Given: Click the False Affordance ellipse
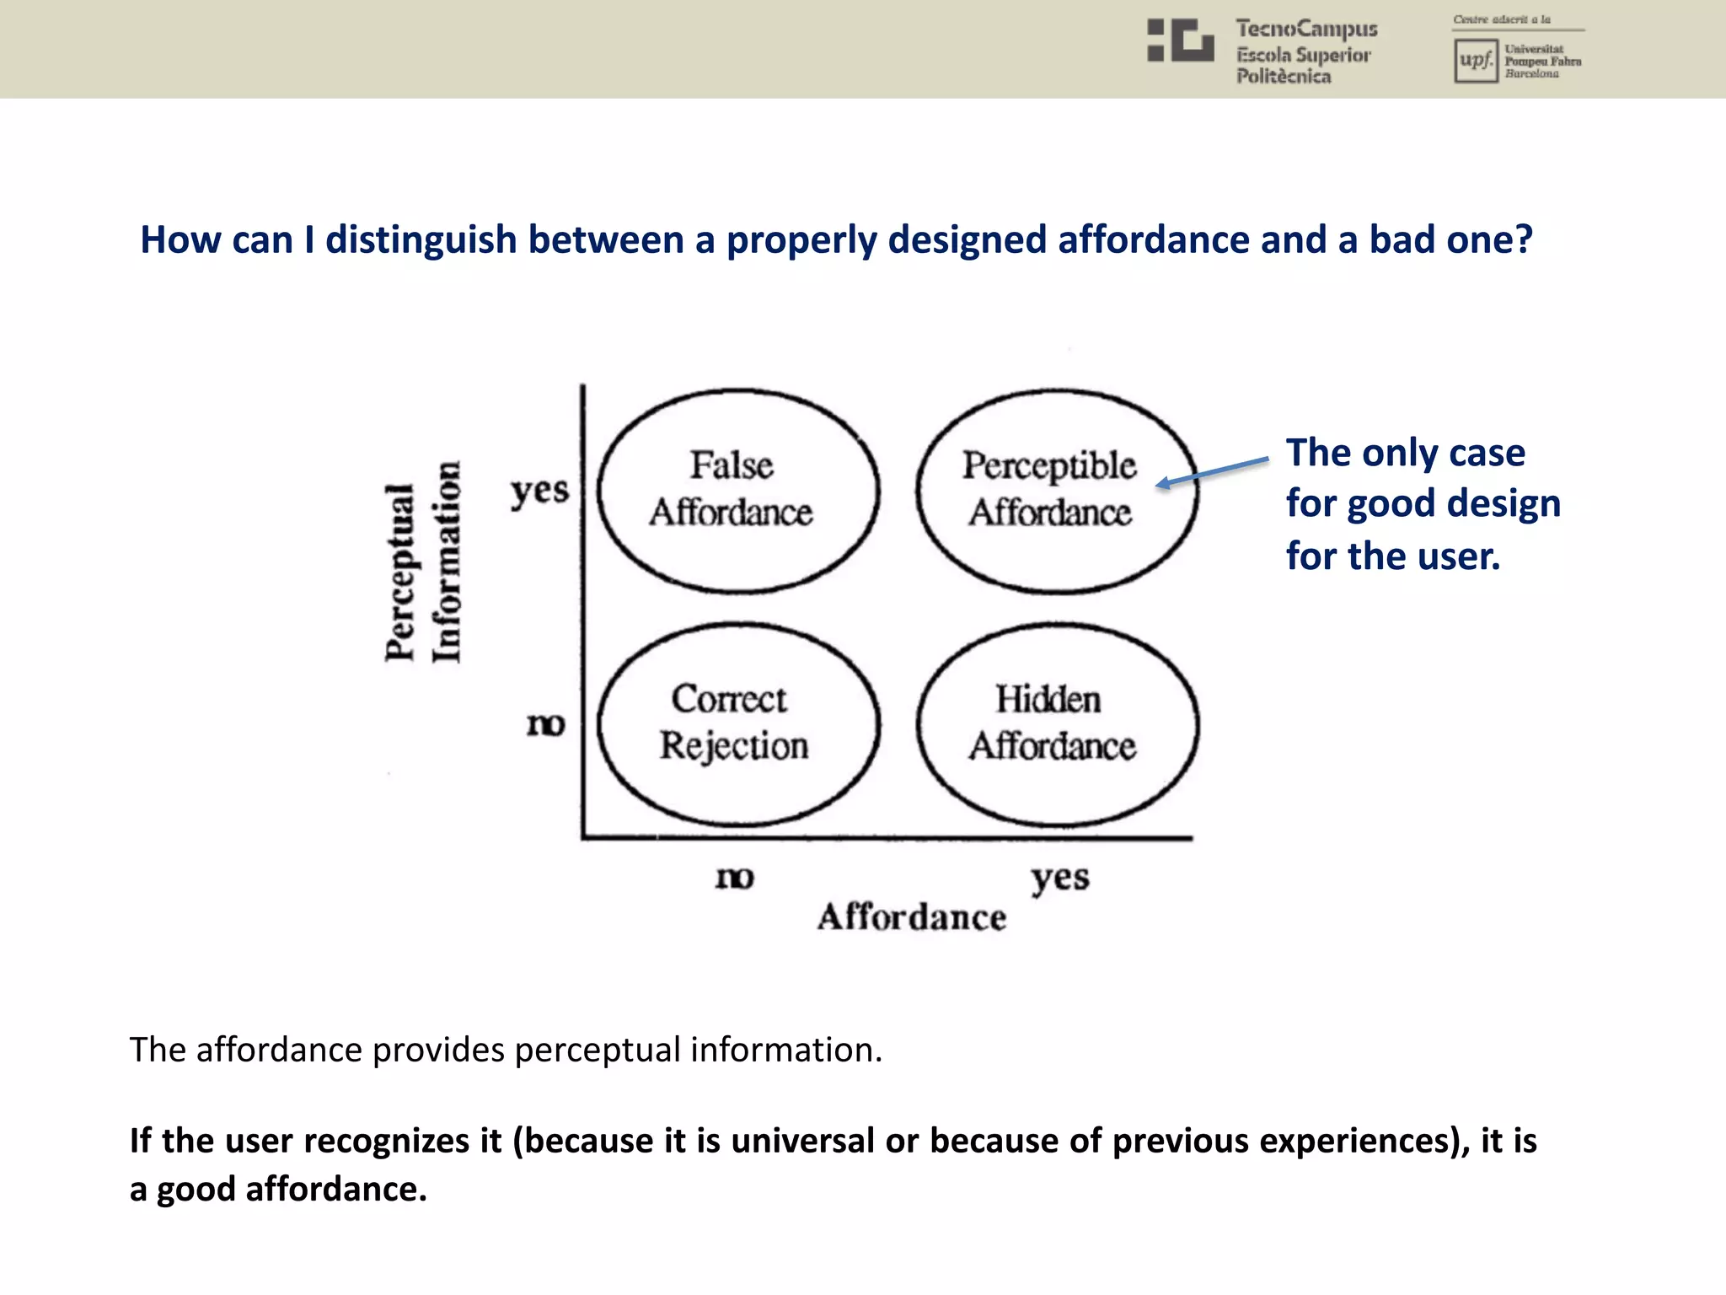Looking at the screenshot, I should pyautogui.click(x=738, y=491).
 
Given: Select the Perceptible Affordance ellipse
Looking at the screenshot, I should pyautogui.click(x=1057, y=491).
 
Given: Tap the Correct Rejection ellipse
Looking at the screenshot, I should pyautogui.click(x=738, y=724).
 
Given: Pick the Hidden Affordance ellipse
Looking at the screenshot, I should pyautogui.click(x=1057, y=724).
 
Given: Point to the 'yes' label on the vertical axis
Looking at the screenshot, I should pyautogui.click(x=539, y=491).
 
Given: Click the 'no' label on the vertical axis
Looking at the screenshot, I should pyautogui.click(x=545, y=724).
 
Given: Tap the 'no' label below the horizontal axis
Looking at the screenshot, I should pyautogui.click(x=734, y=878).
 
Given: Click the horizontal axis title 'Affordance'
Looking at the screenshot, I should pyautogui.click(x=912, y=917).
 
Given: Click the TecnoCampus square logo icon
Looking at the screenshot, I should pyautogui.click(x=1180, y=40).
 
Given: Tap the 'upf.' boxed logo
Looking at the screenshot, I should pyautogui.click(x=1476, y=61).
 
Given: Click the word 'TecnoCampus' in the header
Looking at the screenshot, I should pyautogui.click(x=1306, y=29).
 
